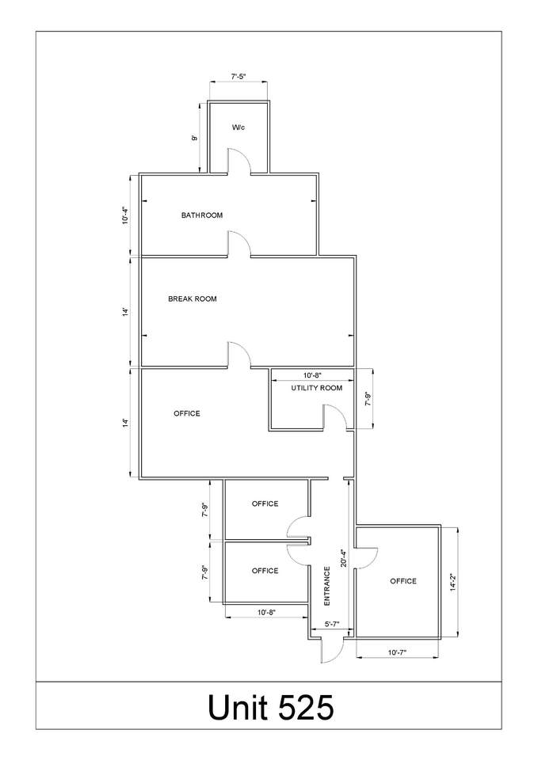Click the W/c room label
pyautogui.click(x=238, y=127)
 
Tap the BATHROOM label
pyautogui.click(x=202, y=215)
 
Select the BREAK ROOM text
pyautogui.click(x=192, y=299)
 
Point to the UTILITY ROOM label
pyautogui.click(x=316, y=388)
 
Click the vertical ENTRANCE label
pyautogui.click(x=327, y=586)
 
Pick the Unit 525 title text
pyautogui.click(x=271, y=707)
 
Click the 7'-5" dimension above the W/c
pyautogui.click(x=238, y=76)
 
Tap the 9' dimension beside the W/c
pyautogui.click(x=195, y=138)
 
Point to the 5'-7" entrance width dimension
pyautogui.click(x=331, y=625)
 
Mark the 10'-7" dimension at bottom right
pyautogui.click(x=397, y=652)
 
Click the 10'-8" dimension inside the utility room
pyautogui.click(x=312, y=375)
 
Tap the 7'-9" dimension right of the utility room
pyautogui.click(x=368, y=399)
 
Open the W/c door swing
pyautogui.click(x=238, y=161)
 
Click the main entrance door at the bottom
pyautogui.click(x=332, y=651)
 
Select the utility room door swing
pyautogui.click(x=335, y=417)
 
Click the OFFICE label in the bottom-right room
pyautogui.click(x=403, y=581)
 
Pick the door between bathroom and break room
pyautogui.click(x=238, y=243)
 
